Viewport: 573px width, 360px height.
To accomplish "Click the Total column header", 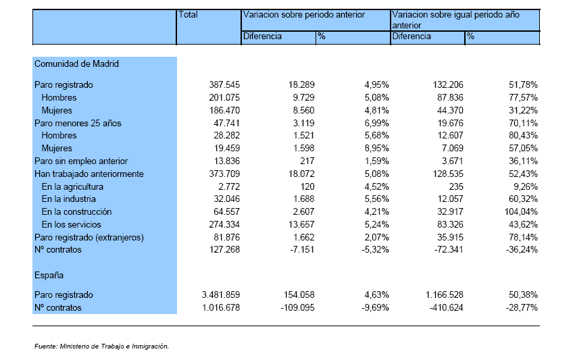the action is pos(188,15).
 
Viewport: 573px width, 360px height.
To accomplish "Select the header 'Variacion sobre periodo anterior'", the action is pos(304,15).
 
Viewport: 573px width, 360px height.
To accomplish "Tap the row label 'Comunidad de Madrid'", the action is pos(76,64).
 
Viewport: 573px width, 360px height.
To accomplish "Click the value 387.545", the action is pos(224,84).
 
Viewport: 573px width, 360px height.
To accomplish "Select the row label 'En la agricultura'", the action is pos(72,187).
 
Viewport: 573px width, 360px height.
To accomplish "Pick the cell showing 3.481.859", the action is pos(221,294).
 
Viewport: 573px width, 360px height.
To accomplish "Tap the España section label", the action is pos(49,276).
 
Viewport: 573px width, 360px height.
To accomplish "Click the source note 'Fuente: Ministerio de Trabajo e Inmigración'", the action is pos(101,346).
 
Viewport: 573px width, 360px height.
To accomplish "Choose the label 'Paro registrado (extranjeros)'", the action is pos(89,237).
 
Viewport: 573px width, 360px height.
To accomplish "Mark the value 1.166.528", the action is pos(445,294).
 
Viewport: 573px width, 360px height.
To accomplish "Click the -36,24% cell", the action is pos(522,250).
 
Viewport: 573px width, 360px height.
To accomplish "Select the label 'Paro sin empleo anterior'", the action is pos(81,161).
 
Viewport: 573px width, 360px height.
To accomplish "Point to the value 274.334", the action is pos(224,224).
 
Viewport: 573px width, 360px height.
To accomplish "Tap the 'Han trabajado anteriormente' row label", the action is pos(89,174).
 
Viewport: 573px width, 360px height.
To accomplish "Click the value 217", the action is pos(307,161).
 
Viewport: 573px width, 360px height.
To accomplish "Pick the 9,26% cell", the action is pos(526,187).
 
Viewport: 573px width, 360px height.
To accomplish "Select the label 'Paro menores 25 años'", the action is pos(78,124).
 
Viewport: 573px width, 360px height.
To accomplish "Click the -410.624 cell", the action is pos(446,308).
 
